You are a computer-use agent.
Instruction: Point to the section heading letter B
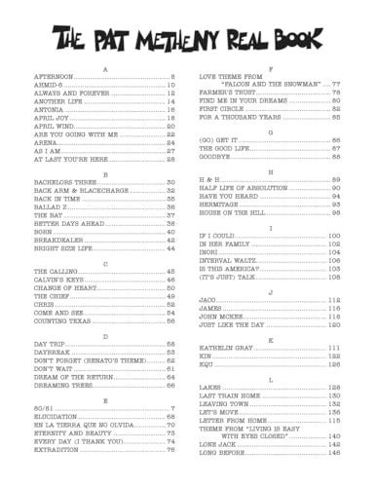[x=104, y=174]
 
